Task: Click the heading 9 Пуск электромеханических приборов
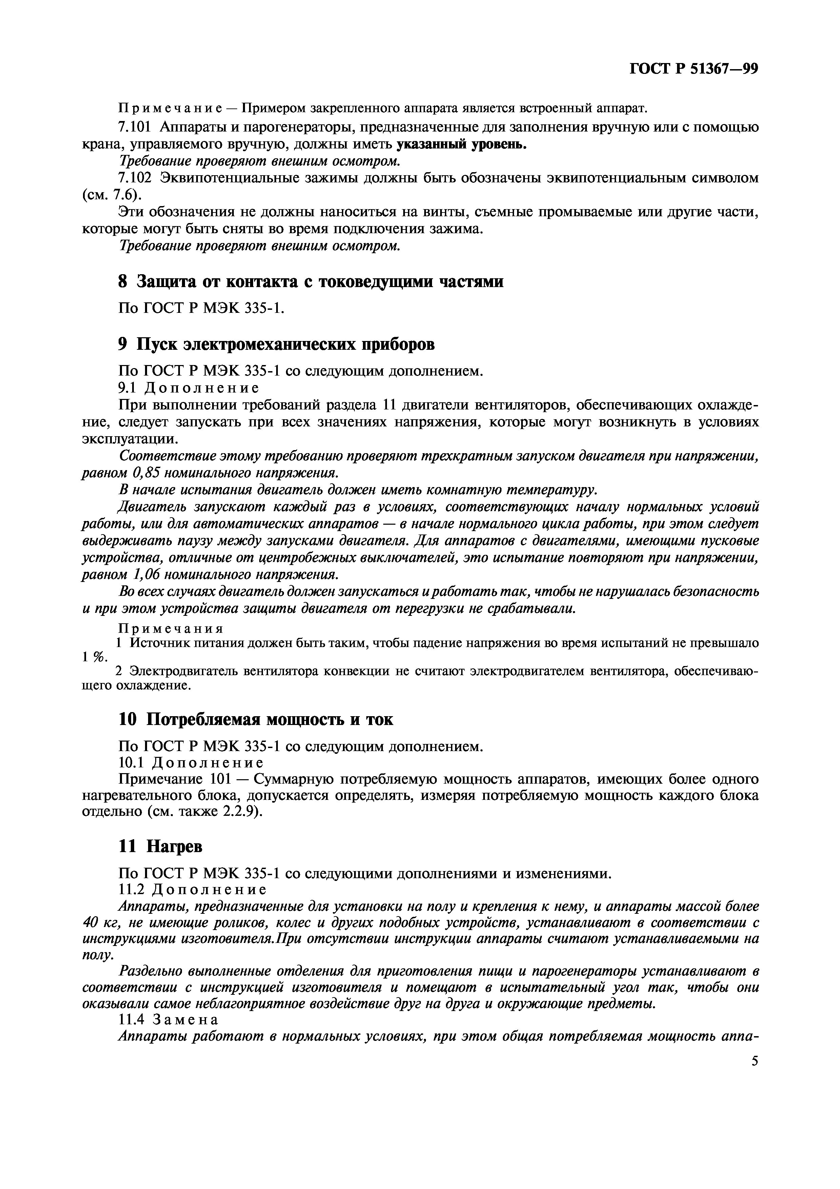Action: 276,344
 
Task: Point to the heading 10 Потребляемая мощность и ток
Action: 256,719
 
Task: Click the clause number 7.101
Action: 135,127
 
